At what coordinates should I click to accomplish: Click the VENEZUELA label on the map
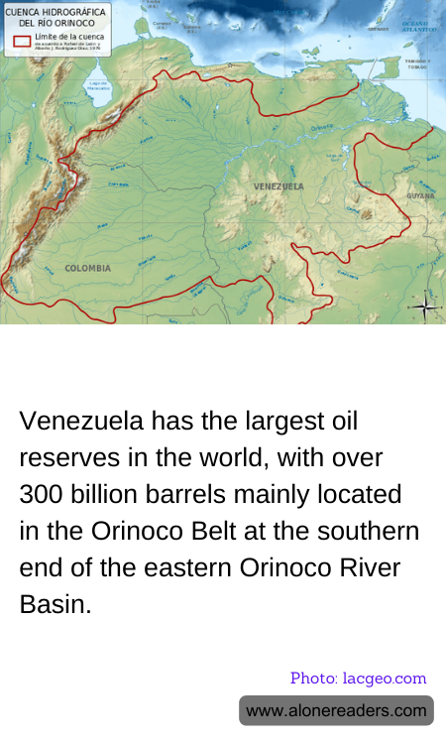pos(279,186)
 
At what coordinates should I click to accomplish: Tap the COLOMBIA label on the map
pos(87,268)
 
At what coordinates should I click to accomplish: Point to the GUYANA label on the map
pos(419,196)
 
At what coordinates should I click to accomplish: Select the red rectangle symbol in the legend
pos(21,41)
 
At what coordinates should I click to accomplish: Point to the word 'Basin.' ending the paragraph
pos(56,604)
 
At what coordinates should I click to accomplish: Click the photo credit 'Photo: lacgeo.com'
pos(358,679)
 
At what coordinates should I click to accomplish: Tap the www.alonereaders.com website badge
pos(336,710)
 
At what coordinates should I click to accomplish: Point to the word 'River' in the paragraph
pos(351,567)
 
